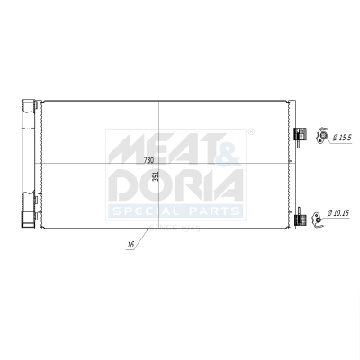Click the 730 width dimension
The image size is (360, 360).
(x=148, y=159)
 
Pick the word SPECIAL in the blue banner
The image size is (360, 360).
(x=145, y=211)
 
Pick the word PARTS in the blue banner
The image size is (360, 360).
(x=212, y=211)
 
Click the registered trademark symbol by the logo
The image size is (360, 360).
(x=250, y=132)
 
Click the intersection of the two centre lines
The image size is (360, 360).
(x=158, y=163)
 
